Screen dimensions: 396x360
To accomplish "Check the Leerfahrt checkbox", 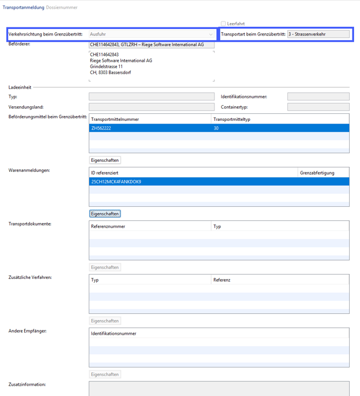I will pos(224,24).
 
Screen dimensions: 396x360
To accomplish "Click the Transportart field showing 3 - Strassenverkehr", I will pos(318,34).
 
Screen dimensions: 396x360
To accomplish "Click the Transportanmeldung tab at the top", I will pos(23,8).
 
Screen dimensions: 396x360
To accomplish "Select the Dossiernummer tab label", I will pos(62,8).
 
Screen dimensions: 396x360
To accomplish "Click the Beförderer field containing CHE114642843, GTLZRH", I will pos(152,45).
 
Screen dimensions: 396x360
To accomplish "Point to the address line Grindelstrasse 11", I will pos(106,67).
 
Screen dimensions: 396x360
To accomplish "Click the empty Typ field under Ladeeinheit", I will pos(152,97).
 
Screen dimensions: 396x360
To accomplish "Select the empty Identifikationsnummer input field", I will pos(318,97).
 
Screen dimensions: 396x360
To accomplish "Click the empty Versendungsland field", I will pos(152,107).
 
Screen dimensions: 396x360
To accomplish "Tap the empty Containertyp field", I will pos(318,107).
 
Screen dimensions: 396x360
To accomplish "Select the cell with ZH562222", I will pos(102,128).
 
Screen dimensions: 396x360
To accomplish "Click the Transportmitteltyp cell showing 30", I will pos(216,128).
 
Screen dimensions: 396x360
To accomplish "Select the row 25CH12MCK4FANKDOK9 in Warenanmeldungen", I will pos(116,182).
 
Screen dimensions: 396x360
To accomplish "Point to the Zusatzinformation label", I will pos(27,385).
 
